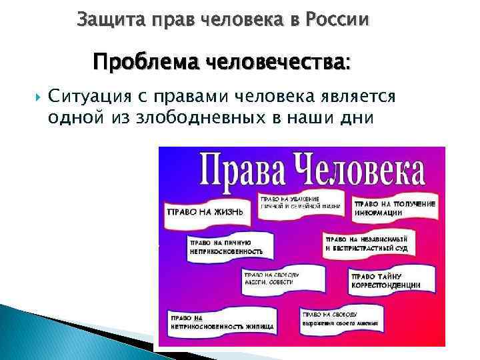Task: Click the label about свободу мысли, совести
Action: click(x=275, y=278)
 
